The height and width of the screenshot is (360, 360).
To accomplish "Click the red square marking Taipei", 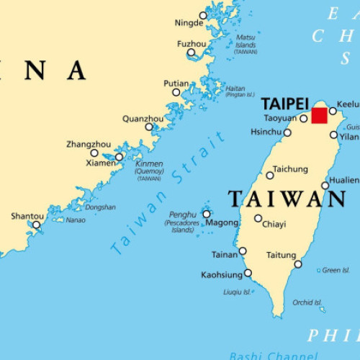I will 319,116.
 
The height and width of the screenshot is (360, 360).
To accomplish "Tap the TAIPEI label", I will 285,103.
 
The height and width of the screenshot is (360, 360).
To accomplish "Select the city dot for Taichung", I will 270,175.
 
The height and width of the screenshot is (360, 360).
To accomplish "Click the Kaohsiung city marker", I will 248,273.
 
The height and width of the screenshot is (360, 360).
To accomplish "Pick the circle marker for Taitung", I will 298,264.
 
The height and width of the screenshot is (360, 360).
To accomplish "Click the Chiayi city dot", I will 258,218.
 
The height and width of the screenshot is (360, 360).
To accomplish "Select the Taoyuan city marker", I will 304,119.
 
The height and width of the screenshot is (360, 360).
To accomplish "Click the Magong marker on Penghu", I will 207,214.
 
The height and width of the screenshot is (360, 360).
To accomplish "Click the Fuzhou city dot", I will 192,53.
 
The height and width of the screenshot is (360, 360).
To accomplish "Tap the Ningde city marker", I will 203,15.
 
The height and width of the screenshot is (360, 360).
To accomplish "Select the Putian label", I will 176,84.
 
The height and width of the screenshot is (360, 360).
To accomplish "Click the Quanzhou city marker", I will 149,127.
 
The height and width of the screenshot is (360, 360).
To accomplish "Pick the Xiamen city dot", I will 120,156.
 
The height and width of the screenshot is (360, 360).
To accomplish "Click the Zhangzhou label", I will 88,144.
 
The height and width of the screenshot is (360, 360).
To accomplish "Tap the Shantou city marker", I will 37,225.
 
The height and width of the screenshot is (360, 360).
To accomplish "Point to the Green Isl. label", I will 336,271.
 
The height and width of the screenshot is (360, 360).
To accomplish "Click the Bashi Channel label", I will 274,356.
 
